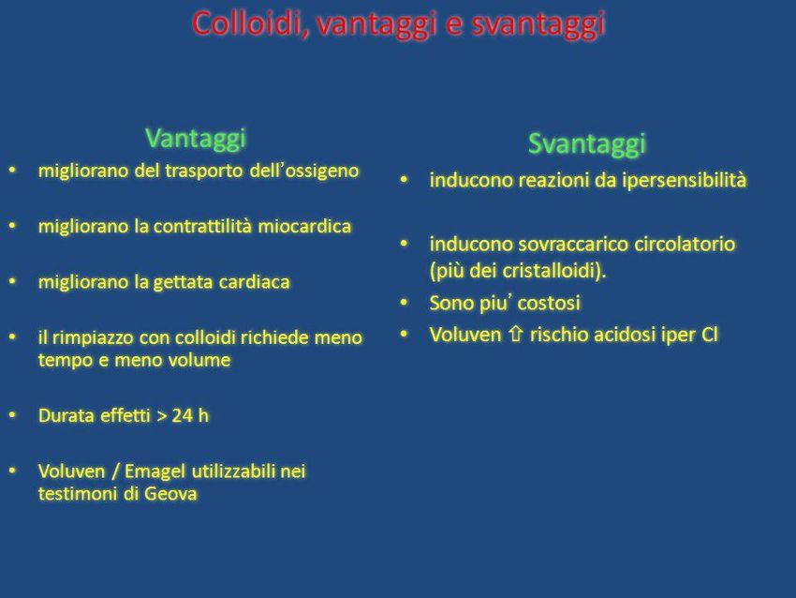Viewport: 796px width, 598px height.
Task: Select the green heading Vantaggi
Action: click(196, 139)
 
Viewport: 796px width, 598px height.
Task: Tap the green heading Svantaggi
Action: click(587, 143)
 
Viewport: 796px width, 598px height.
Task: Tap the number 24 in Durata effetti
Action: click(182, 415)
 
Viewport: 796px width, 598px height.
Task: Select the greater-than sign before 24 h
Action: click(161, 416)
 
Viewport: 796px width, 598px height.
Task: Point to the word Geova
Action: click(170, 494)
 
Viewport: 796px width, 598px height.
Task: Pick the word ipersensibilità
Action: click(685, 180)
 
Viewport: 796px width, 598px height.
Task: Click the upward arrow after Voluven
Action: click(516, 335)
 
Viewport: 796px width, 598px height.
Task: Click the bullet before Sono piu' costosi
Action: click(405, 303)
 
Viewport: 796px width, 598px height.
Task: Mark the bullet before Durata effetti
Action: click(12, 415)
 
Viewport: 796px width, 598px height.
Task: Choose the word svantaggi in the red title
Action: click(538, 24)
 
